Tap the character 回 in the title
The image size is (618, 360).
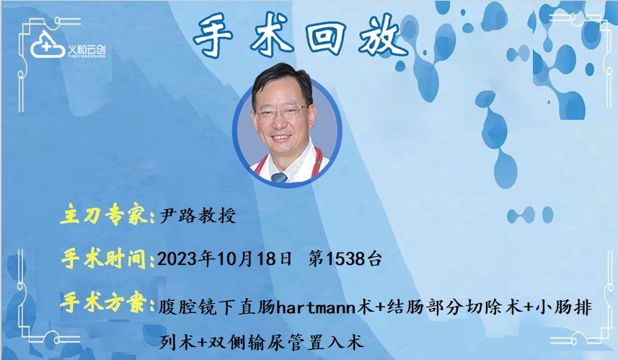tap(325, 35)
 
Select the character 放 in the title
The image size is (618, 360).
tap(381, 35)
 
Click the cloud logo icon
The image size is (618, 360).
tap(47, 45)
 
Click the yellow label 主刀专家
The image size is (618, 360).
tap(105, 215)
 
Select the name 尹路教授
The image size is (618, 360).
tap(198, 216)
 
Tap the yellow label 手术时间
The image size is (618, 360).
tap(107, 259)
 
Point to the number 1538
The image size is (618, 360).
tap(345, 259)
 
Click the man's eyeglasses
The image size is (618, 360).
tap(282, 112)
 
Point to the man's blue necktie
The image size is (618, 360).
tap(280, 177)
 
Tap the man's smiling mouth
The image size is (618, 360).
tap(281, 138)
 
